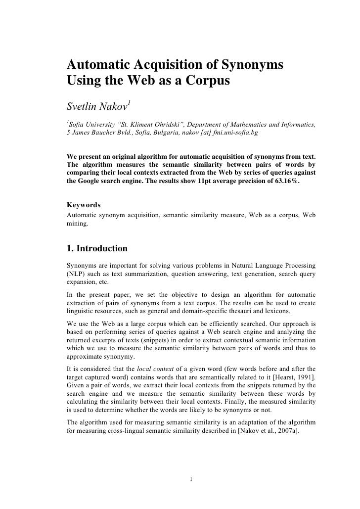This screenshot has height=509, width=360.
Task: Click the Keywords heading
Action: pos(84,204)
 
